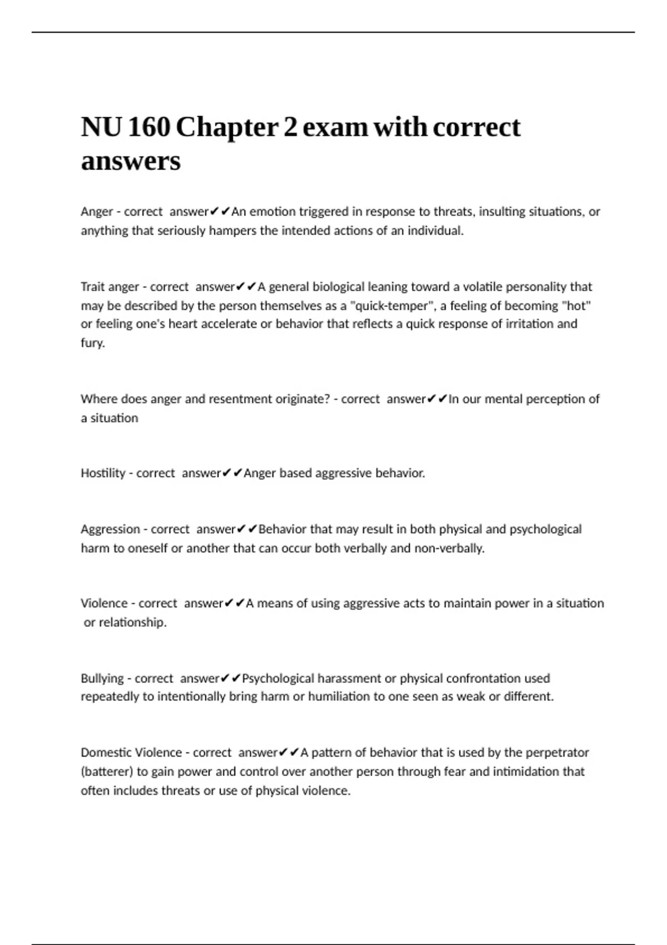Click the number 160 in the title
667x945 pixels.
tap(149, 127)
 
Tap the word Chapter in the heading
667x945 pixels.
tap(227, 127)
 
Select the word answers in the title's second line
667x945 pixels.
tap(131, 161)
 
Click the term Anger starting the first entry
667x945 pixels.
tap(97, 212)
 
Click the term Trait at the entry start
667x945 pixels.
tap(93, 287)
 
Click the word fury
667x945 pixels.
tap(92, 343)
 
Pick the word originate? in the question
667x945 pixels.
tap(303, 399)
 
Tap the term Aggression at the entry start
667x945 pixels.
tap(110, 529)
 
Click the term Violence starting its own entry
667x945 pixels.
tap(104, 603)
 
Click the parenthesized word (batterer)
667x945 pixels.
tap(107, 772)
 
